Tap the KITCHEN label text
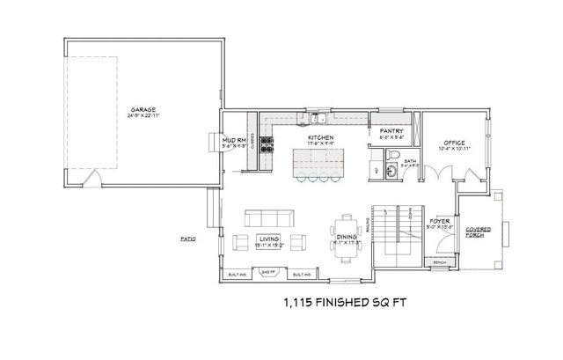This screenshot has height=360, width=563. pos(319,138)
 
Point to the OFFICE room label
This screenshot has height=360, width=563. pos(453,141)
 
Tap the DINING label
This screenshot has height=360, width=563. pos(346,237)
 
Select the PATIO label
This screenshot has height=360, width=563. pos(186,238)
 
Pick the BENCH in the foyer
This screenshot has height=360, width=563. pos(439,262)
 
